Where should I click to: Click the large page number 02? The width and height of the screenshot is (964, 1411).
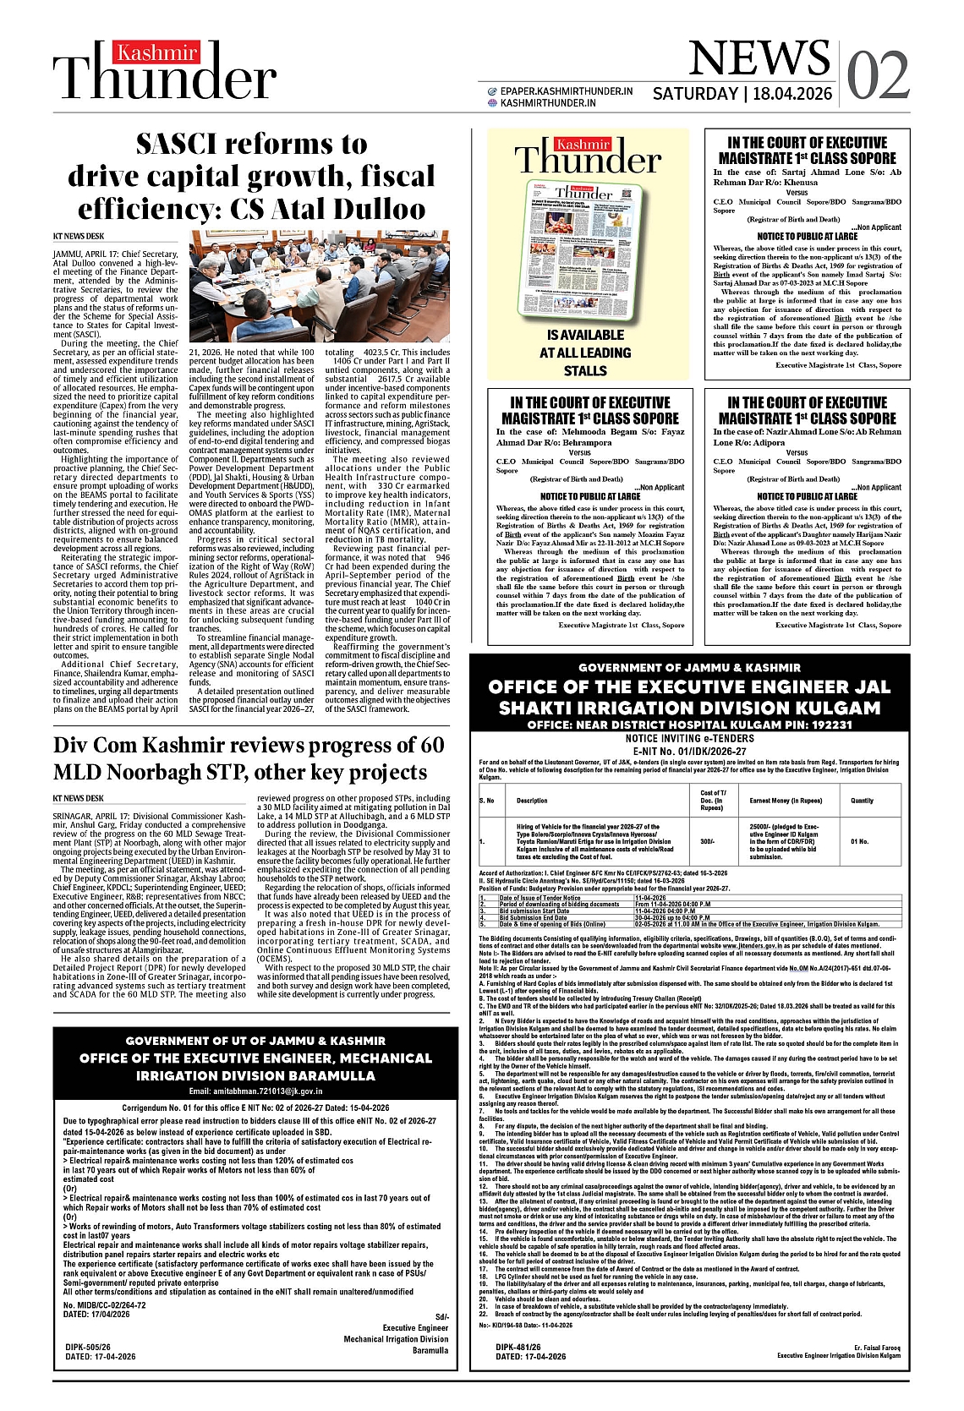coord(878,76)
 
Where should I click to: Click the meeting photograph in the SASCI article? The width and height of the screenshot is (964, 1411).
coord(320,286)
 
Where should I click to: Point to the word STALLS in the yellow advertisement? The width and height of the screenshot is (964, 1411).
coord(585,370)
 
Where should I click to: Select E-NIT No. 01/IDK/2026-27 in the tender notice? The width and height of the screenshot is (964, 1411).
coord(689,751)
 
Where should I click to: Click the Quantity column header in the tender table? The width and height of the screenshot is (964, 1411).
coord(862,800)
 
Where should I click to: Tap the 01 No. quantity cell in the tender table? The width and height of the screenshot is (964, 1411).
coord(859,841)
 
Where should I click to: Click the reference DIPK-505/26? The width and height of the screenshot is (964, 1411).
coord(88,1346)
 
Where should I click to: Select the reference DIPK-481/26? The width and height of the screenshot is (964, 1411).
coord(518,1346)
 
